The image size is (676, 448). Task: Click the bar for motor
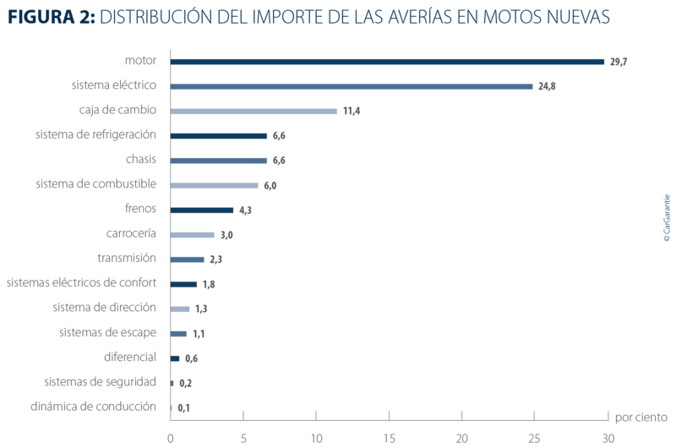coord(388,62)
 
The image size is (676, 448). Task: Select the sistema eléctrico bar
coord(352,86)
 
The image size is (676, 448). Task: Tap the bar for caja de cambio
coord(254,111)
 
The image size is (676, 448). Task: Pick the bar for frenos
coord(202,210)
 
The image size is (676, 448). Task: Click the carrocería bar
coord(193,234)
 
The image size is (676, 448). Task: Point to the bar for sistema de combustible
coord(214,185)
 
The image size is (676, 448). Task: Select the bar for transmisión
coord(188,259)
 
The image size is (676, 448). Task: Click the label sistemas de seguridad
coord(99,382)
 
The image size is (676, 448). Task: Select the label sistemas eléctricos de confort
coord(81,283)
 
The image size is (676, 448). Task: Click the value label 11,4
coord(352,112)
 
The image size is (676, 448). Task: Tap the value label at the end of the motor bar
coord(619,62)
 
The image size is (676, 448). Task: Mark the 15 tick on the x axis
coord(389,437)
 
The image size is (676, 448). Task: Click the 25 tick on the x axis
coord(534,437)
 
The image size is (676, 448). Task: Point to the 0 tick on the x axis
coord(171,437)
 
